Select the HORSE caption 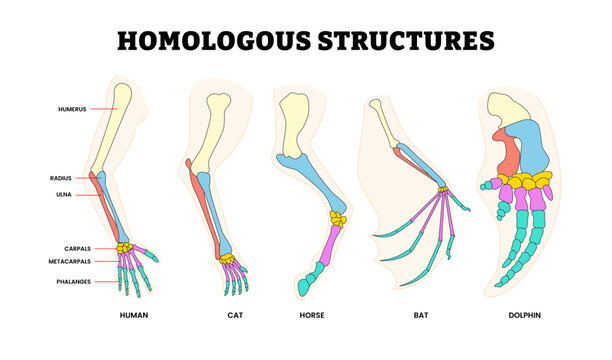pos(312,316)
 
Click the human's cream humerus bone pos(112,125)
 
